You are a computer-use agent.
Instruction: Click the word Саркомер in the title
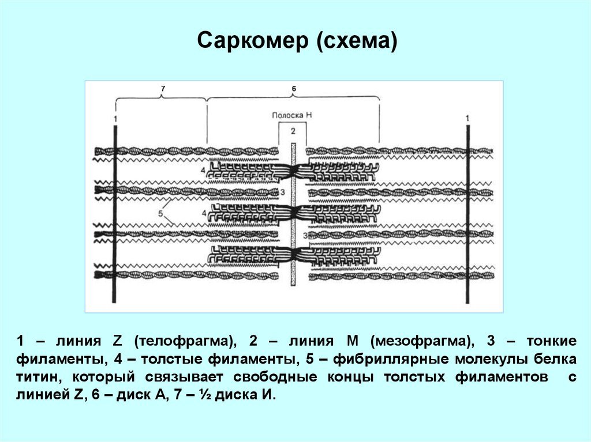[253, 40]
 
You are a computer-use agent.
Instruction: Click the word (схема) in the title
[357, 41]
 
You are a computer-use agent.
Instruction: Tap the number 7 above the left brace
[163, 89]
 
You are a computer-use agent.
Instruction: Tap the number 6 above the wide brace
[294, 89]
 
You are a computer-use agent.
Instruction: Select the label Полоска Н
[292, 115]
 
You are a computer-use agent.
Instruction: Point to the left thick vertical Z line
[115, 214]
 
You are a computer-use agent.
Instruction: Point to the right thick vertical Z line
[467, 214]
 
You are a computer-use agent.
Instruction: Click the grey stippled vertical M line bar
[293, 214]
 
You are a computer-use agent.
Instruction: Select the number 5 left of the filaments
[160, 213]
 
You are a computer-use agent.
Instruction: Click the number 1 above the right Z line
[467, 119]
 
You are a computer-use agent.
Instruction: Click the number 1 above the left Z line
[115, 119]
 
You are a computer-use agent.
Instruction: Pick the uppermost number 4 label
[203, 170]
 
